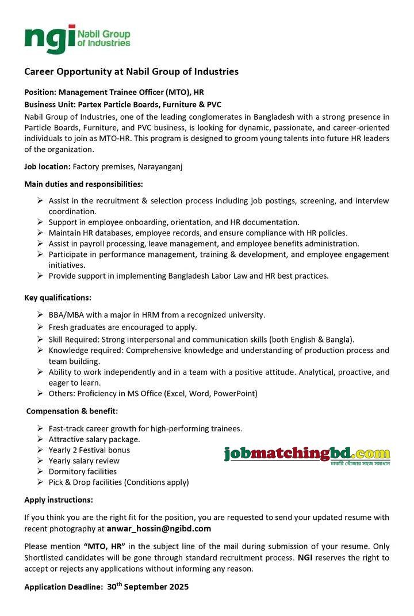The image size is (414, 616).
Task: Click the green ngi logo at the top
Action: pyautogui.click(x=77, y=39)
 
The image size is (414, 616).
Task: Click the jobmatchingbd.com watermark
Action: pyautogui.click(x=306, y=455)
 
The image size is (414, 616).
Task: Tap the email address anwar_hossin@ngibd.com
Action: pyautogui.click(x=159, y=528)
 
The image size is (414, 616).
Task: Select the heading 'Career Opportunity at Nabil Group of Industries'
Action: pyautogui.click(x=131, y=72)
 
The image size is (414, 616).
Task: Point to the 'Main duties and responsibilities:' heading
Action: pyautogui.click(x=83, y=184)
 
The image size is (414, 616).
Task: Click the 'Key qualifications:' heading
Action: pyautogui.click(x=57, y=298)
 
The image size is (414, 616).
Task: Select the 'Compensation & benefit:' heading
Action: pyautogui.click(x=72, y=411)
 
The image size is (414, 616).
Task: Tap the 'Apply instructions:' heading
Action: pyautogui.click(x=59, y=500)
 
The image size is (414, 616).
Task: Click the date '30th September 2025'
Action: pyautogui.click(x=148, y=587)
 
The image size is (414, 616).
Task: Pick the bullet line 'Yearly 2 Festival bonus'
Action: pyautogui.click(x=89, y=450)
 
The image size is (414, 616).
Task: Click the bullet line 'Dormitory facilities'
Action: pyautogui.click(x=82, y=471)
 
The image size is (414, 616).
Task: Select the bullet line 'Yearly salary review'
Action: pyautogui.click(x=84, y=461)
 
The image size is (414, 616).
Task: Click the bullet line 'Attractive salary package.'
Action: pyautogui.click(x=94, y=439)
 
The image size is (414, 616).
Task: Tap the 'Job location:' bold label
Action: pyautogui.click(x=47, y=167)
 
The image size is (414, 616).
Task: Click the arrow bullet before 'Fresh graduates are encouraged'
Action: pyautogui.click(x=40, y=327)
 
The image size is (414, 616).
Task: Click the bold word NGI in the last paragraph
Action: pyautogui.click(x=305, y=558)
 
